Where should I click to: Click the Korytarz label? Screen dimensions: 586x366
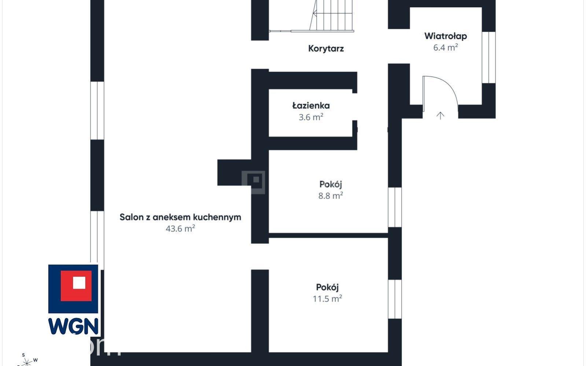click(326, 49)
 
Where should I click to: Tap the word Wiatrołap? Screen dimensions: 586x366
click(446, 36)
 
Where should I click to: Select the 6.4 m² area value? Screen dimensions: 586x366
click(446, 48)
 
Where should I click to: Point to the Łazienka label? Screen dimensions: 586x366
click(311, 106)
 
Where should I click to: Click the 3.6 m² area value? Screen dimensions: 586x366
click(311, 117)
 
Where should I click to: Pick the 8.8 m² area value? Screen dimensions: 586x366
click(331, 195)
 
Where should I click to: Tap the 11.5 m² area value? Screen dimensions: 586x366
click(327, 299)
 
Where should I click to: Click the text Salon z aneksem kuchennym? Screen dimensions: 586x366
click(180, 217)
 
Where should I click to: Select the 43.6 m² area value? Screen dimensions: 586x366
click(180, 229)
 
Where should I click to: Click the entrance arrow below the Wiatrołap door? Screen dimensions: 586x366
click(440, 116)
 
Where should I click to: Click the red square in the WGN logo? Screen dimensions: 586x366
click(76, 286)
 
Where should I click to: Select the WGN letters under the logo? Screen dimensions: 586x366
click(73, 326)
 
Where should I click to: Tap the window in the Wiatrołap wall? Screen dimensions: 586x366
click(489, 57)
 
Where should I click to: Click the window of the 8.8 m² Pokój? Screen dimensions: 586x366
click(395, 207)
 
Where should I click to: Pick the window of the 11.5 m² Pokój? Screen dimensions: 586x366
click(395, 299)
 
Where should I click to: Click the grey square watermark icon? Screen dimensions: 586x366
click(253, 182)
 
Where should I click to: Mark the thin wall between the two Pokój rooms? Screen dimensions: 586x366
click(328, 236)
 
